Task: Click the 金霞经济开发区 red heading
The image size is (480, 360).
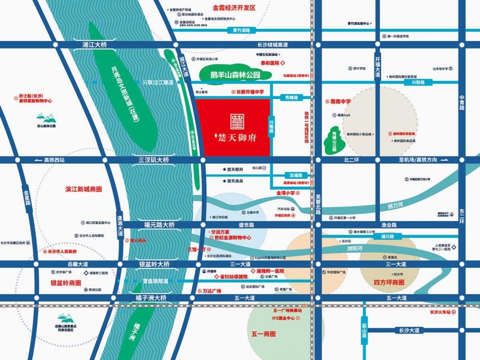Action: (234, 8)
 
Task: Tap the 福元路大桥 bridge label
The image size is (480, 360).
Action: (159, 225)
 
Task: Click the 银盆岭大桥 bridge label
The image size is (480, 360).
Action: (154, 264)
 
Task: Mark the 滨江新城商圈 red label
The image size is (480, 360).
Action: (84, 190)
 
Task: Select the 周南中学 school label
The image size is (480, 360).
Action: (341, 102)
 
